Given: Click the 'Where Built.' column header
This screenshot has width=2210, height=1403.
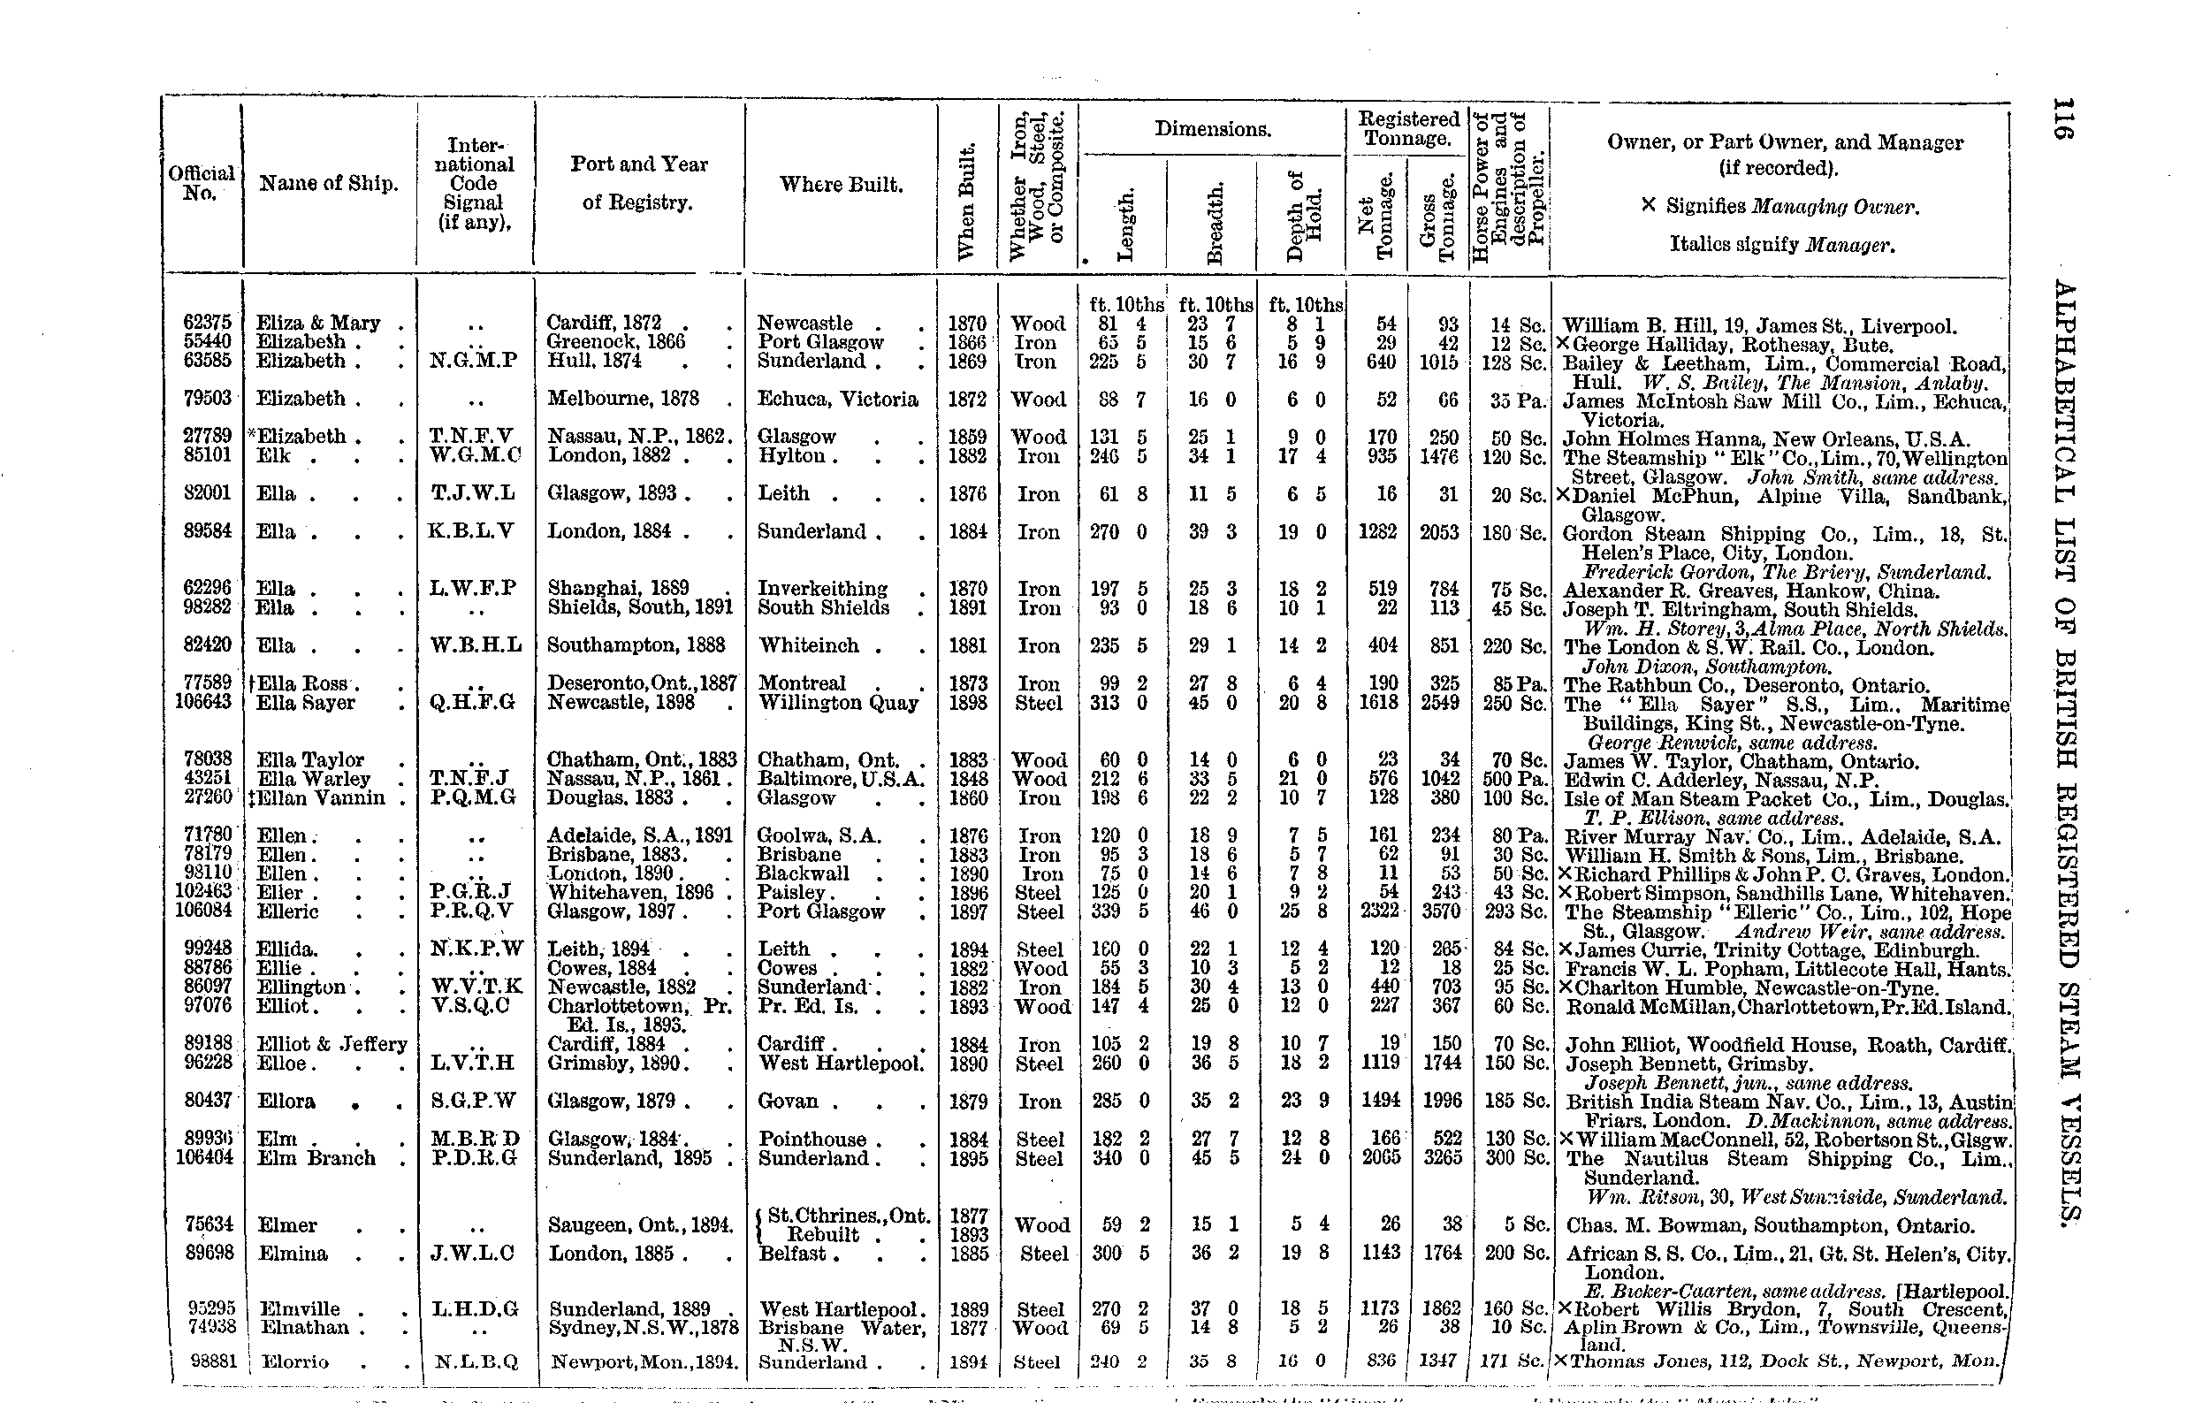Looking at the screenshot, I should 841,185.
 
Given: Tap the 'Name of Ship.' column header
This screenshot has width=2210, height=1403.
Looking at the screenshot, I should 329,184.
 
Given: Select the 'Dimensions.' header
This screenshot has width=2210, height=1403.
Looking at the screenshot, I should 1212,129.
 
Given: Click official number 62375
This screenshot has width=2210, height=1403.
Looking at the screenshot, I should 208,323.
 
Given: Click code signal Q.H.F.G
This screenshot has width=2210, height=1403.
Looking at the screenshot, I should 472,703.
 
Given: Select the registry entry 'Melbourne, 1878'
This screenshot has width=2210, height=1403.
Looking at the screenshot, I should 623,398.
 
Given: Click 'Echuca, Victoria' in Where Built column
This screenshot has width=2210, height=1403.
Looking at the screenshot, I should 837,398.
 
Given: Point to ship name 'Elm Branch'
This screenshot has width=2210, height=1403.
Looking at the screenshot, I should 316,1157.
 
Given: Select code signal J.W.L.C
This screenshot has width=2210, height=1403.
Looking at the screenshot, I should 472,1253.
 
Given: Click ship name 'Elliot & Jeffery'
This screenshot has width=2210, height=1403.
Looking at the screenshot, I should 331,1044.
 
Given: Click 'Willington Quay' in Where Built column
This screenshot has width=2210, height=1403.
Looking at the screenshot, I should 837,703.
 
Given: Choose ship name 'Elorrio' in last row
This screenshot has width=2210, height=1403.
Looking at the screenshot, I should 294,1361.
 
